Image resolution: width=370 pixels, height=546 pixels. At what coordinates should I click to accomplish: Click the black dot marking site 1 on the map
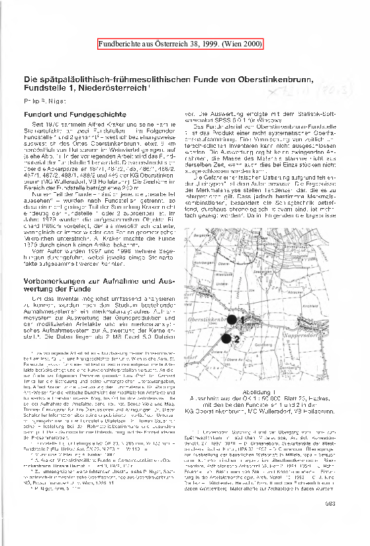pos(231,319)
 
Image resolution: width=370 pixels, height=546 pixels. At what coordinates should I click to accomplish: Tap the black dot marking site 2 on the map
pos(226,339)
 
